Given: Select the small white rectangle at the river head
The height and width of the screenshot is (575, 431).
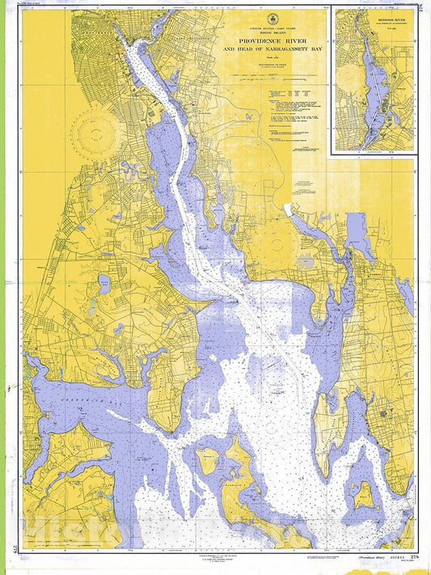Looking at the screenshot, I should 287,209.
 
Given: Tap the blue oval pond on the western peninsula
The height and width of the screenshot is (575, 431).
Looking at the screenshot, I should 104,284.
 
